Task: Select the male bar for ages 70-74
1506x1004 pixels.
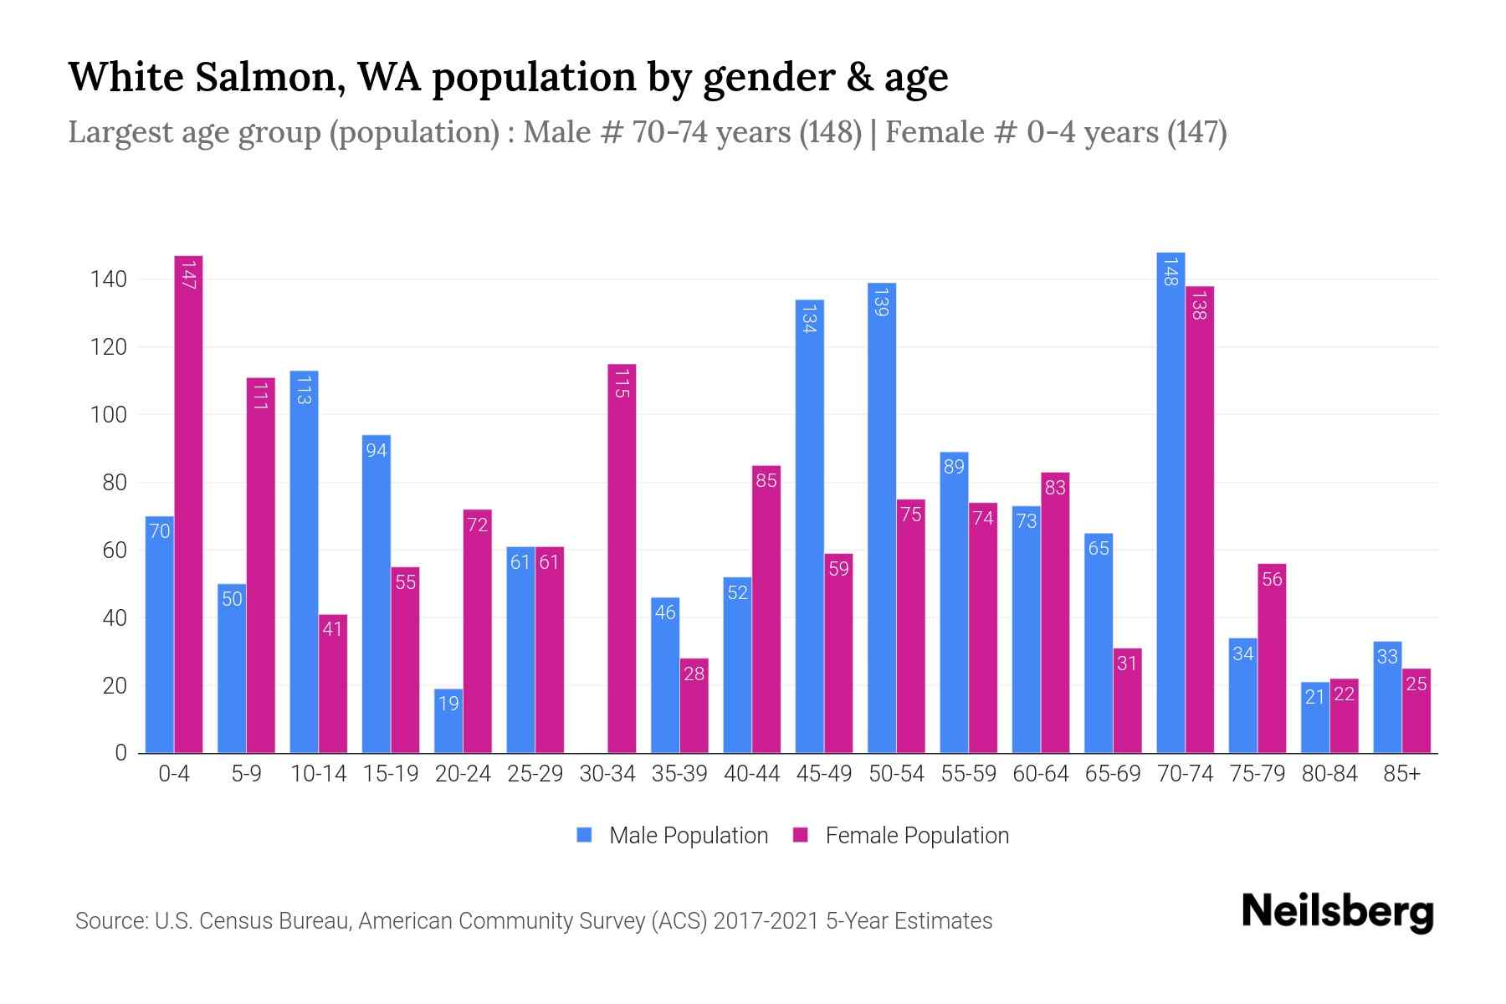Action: pos(1170,503)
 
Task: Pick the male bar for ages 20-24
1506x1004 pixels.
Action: pos(448,720)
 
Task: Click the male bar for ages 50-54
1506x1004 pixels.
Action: pos(882,518)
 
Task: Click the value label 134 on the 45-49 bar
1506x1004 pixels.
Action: pos(809,319)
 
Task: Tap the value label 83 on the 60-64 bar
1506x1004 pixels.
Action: pos(1055,487)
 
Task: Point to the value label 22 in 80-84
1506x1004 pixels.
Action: pos(1344,694)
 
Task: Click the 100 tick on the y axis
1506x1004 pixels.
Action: pos(108,415)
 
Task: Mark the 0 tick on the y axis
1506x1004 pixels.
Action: pos(120,753)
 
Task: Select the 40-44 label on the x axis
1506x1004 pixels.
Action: pos(751,774)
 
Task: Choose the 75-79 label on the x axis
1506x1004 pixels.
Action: pos(1257,774)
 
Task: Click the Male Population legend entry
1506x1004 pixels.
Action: pos(688,835)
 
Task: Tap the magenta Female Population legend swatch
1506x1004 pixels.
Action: pos(801,835)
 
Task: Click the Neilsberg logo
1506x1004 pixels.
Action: pos(1337,911)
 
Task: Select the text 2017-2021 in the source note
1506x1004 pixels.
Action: pos(766,921)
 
